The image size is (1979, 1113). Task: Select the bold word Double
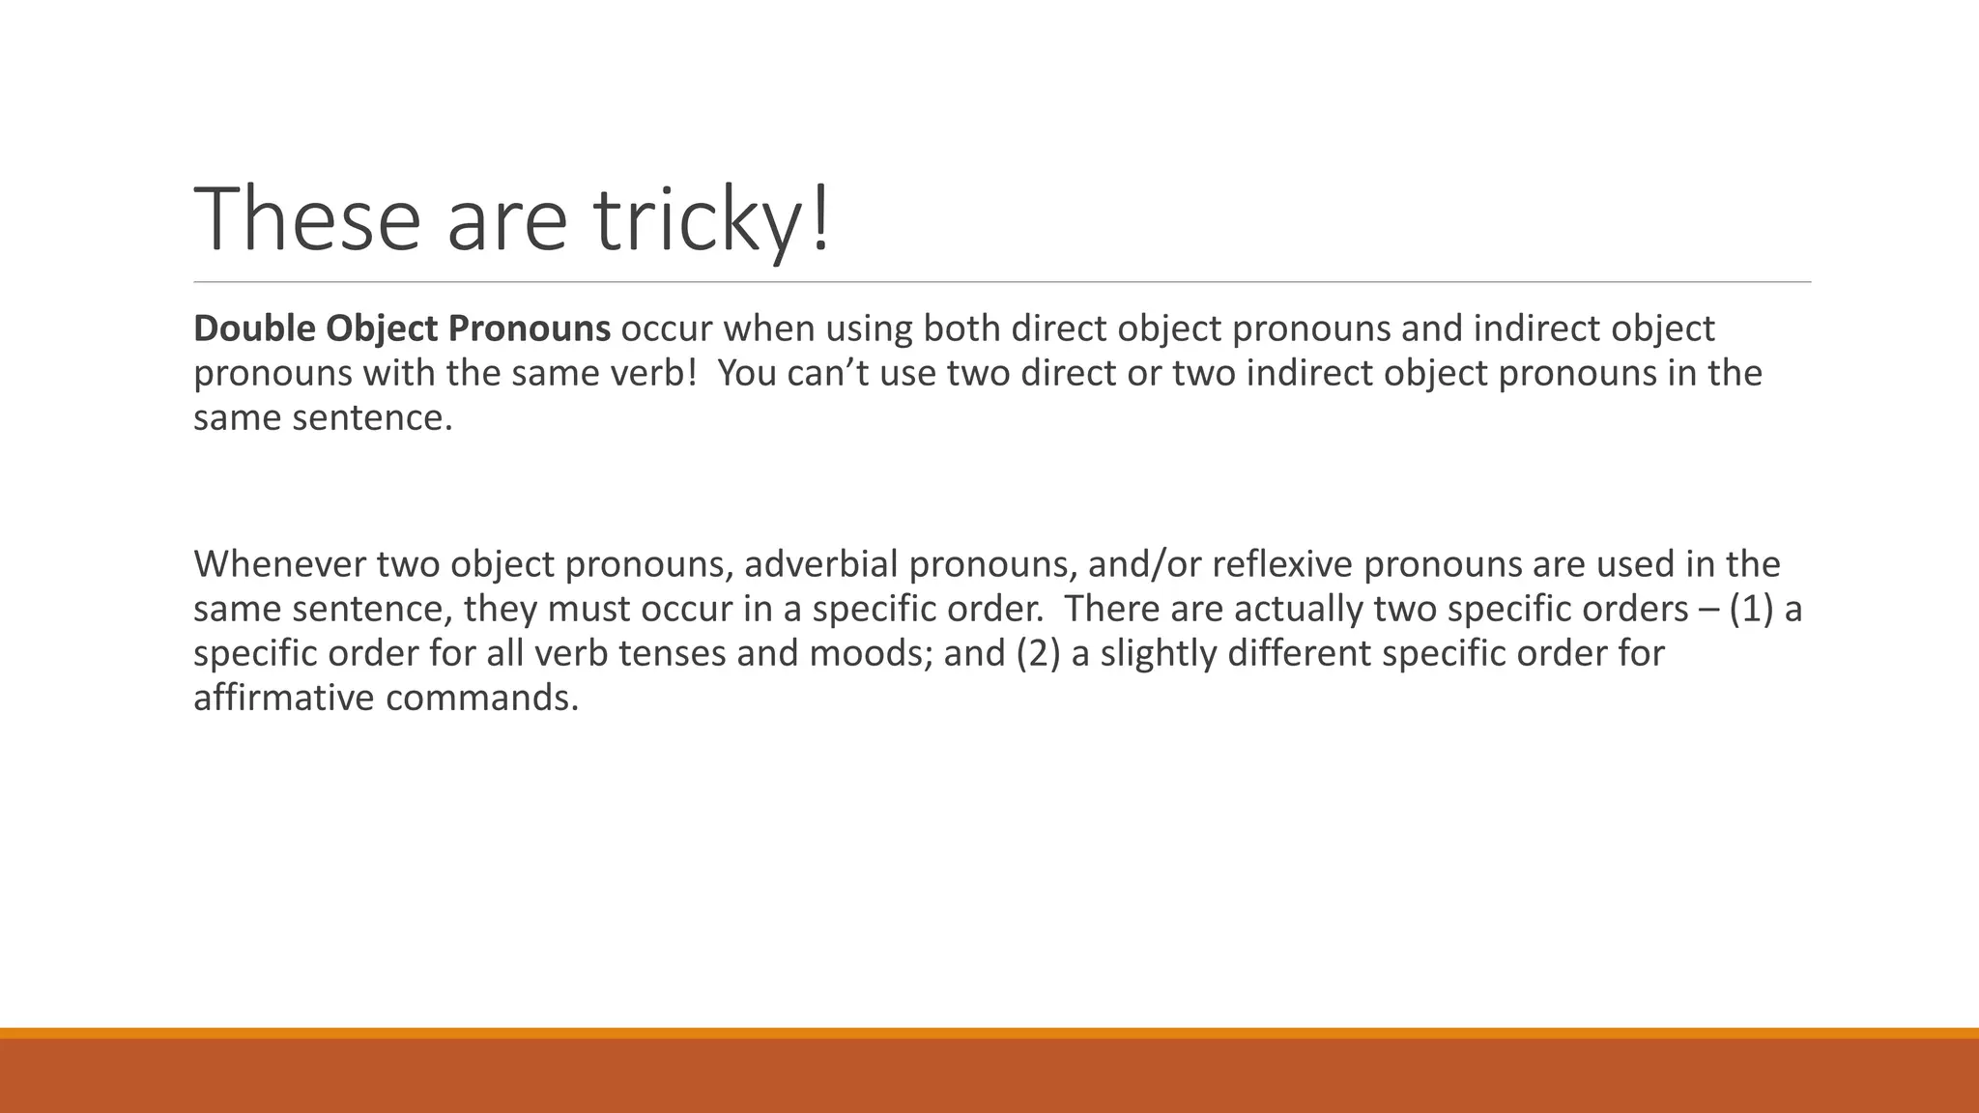click(254, 329)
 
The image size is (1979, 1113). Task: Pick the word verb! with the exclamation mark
click(656, 374)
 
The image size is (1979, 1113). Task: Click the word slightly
click(1158, 654)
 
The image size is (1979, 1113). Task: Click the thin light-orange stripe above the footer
click(989, 1033)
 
